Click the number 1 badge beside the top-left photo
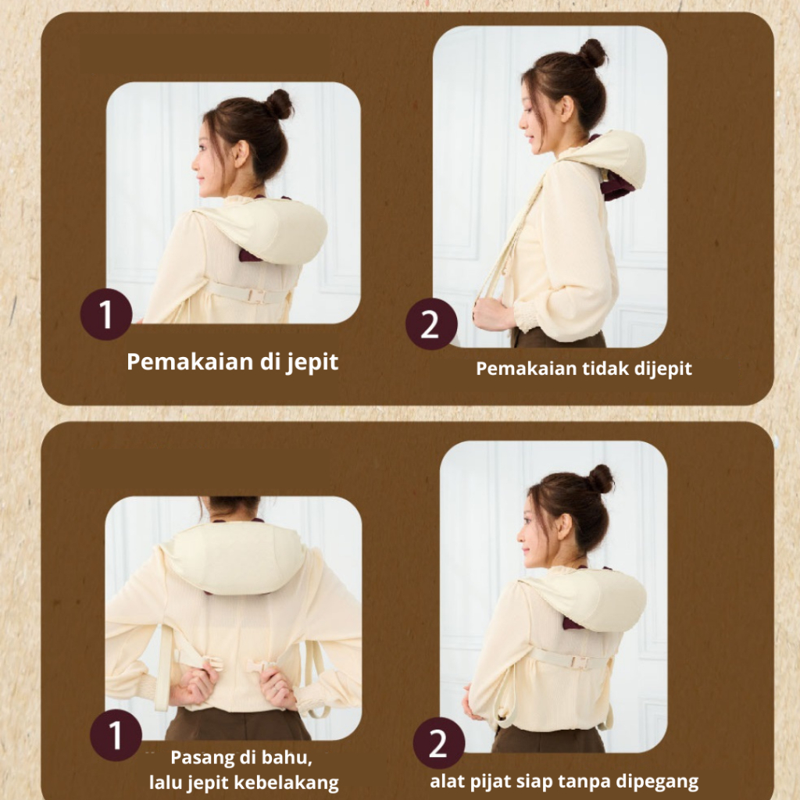pyautogui.click(x=106, y=314)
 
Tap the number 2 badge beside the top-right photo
pyautogui.click(x=431, y=324)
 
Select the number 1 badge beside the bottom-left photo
pyautogui.click(x=116, y=735)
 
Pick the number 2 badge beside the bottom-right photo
pyautogui.click(x=439, y=743)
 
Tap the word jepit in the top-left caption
pyautogui.click(x=312, y=363)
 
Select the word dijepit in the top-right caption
pyautogui.click(x=662, y=370)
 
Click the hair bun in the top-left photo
pyautogui.click(x=279, y=105)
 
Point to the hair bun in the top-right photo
pyautogui.click(x=593, y=53)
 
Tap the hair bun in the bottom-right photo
pyautogui.click(x=601, y=479)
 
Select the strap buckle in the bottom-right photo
pyautogui.click(x=580, y=662)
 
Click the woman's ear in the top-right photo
pyautogui.click(x=566, y=108)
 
